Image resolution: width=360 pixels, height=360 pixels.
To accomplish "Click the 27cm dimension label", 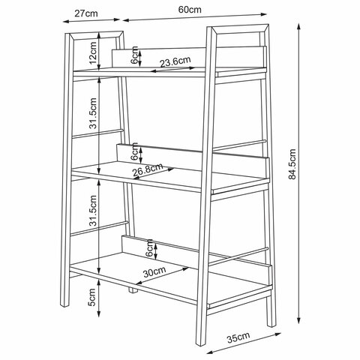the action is tap(86, 13).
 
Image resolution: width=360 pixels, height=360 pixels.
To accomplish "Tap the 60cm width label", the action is tap(190, 10).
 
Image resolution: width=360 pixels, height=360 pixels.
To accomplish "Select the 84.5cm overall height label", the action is tap(292, 164).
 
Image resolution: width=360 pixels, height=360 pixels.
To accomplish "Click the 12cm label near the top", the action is tap(93, 53).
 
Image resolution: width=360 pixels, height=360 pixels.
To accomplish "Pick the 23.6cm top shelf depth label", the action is tap(175, 61).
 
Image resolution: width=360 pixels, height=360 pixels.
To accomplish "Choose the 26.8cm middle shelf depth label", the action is tap(148, 169).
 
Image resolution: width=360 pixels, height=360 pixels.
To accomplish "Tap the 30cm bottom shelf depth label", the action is tap(154, 272).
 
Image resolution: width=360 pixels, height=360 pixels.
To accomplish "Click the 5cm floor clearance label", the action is tap(92, 297).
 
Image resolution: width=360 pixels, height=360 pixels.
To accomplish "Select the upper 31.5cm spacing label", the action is tap(93, 113).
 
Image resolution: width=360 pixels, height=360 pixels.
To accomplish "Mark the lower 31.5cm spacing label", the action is tap(93, 211).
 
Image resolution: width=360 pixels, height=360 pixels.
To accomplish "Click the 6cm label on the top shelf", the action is tap(134, 55).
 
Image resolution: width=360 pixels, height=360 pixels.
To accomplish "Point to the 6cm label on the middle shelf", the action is tap(134, 151).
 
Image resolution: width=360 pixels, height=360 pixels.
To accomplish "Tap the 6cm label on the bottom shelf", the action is tap(149, 248).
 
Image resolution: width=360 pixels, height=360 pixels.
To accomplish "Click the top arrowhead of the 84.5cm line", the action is tap(298, 26).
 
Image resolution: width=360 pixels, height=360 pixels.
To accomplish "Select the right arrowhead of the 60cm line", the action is tap(264, 14).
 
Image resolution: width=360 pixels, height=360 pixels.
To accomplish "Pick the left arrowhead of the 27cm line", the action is tap(66, 22).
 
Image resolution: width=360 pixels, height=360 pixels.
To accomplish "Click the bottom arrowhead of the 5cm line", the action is tap(99, 313).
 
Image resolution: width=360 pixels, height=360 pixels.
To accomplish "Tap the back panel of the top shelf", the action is tap(187, 57).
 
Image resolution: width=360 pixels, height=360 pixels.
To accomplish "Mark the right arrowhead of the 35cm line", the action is tap(278, 334).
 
